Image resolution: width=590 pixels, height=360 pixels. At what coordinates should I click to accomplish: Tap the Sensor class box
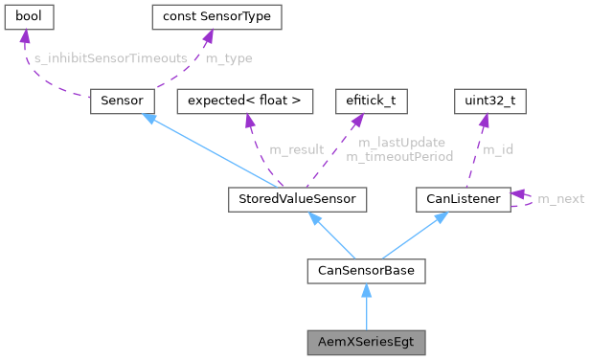pos(116,101)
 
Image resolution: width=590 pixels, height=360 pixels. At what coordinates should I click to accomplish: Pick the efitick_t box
pos(364,101)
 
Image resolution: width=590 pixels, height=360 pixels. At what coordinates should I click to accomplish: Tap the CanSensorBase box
pos(365,271)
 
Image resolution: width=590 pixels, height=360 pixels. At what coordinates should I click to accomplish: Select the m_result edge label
pos(296,149)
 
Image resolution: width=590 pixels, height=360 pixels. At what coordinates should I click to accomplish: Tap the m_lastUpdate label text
pos(401,143)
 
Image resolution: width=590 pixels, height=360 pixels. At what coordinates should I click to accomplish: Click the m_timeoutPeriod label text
pos(405,155)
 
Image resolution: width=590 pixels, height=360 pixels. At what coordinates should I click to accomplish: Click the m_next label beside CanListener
pos(560,199)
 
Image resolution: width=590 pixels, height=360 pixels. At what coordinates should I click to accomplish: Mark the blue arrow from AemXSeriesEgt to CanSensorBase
pos(365,306)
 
